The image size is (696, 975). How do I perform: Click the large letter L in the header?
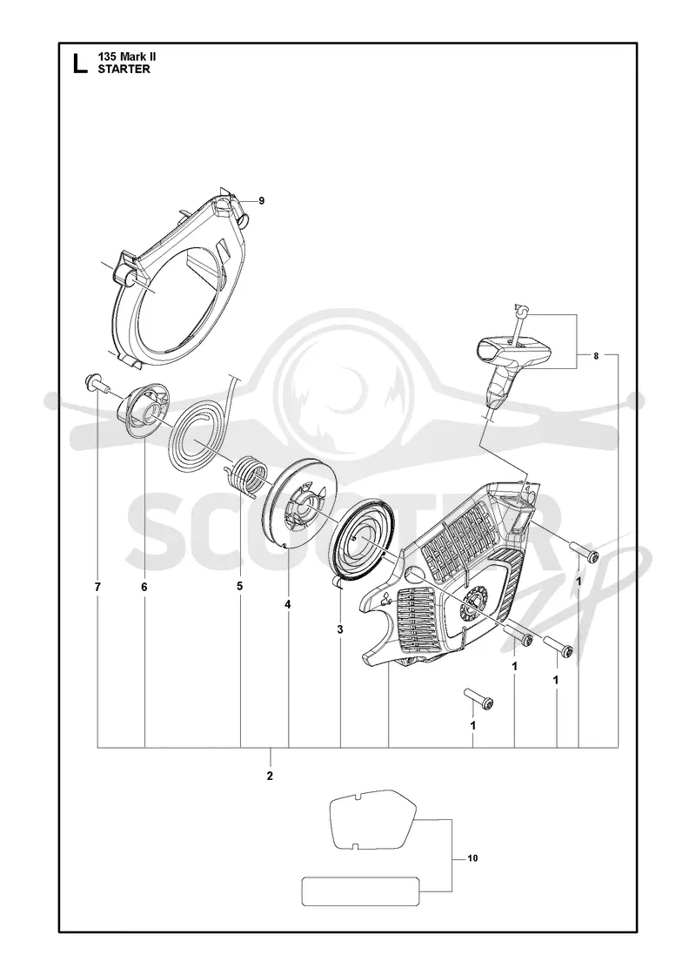point(80,64)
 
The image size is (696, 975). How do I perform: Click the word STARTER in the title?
point(124,69)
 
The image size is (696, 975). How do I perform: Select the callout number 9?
point(262,200)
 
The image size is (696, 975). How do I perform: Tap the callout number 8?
point(596,356)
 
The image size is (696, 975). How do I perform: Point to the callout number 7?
point(97,587)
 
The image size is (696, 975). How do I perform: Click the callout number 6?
point(144,587)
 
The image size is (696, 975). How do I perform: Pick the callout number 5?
point(240,586)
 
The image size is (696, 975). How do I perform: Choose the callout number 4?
point(288,604)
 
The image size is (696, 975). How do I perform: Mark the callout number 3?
point(340,630)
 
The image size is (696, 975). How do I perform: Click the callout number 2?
point(270,776)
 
